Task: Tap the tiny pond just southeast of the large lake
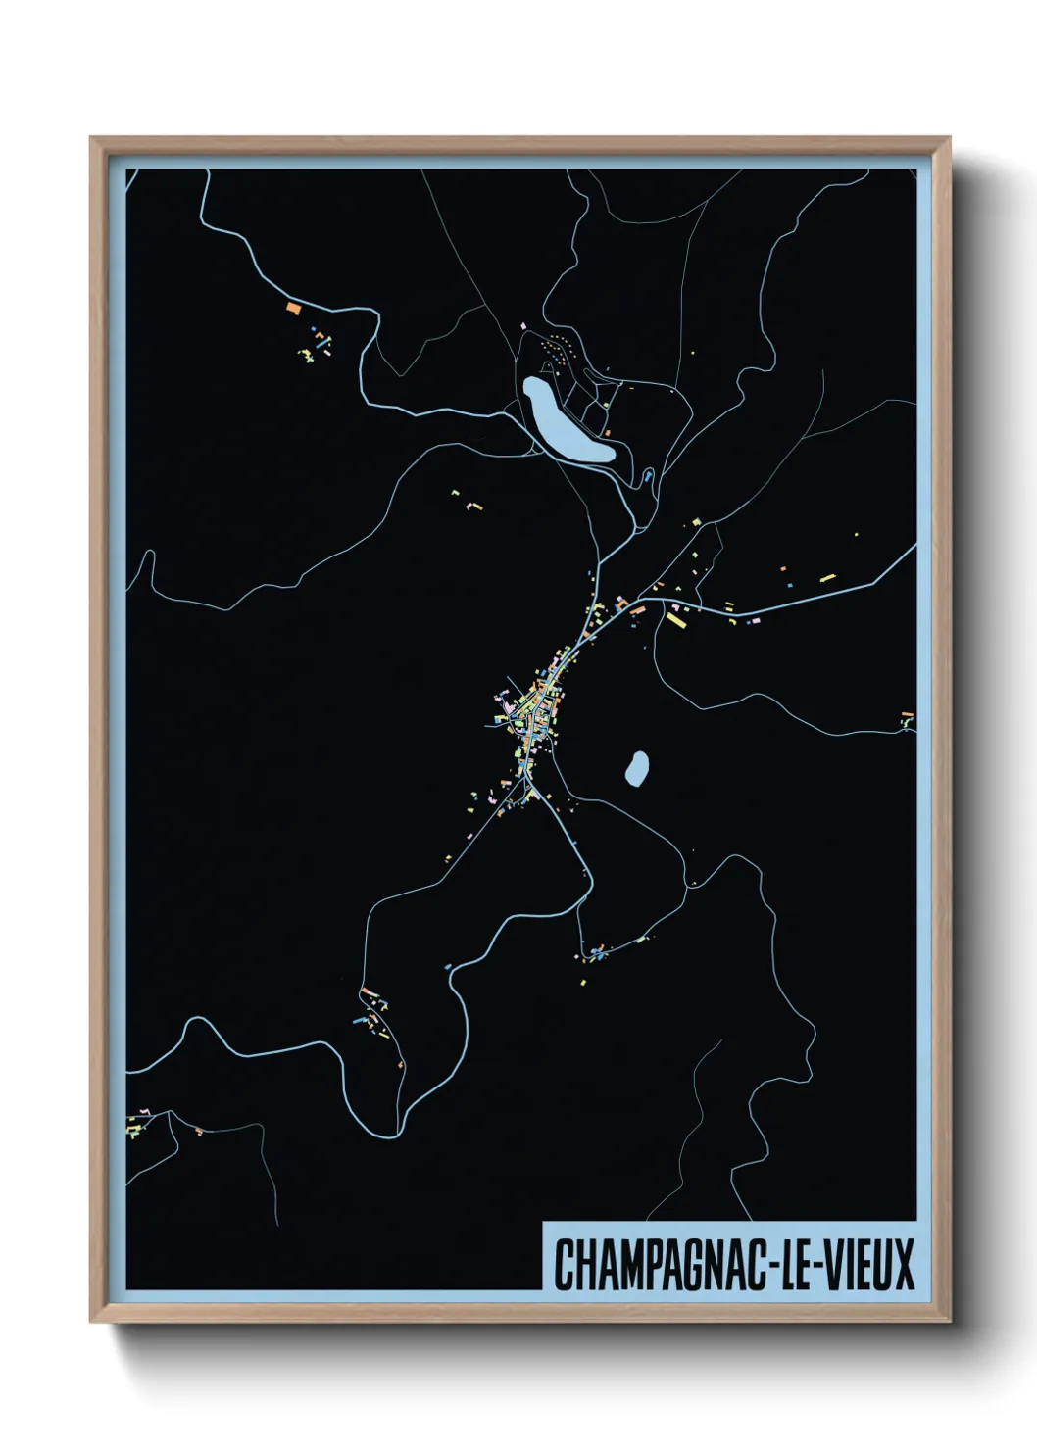click(648, 478)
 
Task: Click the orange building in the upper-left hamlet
click(292, 308)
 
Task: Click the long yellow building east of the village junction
click(676, 619)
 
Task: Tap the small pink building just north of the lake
click(523, 326)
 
